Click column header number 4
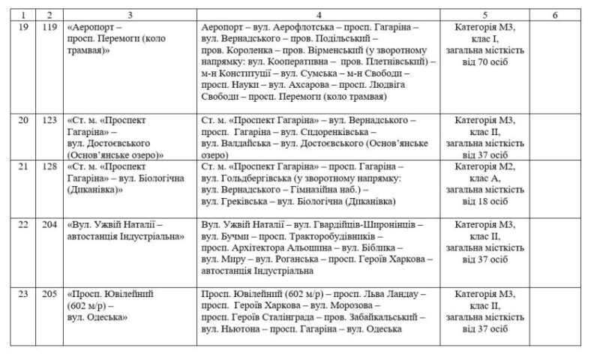pyautogui.click(x=319, y=14)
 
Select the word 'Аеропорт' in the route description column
pyautogui.click(x=224, y=26)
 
